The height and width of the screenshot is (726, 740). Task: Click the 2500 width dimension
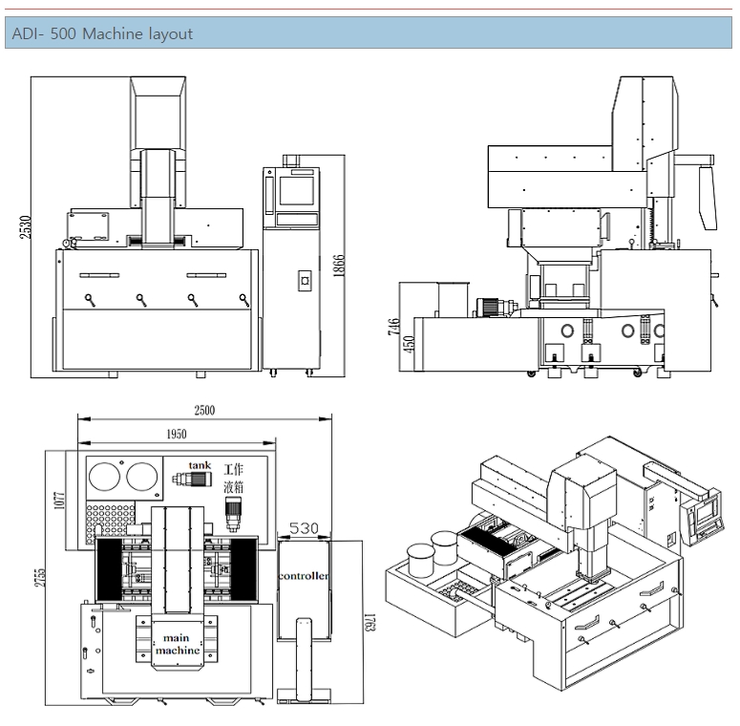(204, 411)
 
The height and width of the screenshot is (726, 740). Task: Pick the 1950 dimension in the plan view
(176, 434)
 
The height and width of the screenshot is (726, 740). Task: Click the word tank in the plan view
(199, 465)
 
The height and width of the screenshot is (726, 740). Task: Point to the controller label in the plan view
(305, 577)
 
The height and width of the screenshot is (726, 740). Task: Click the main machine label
(180, 643)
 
